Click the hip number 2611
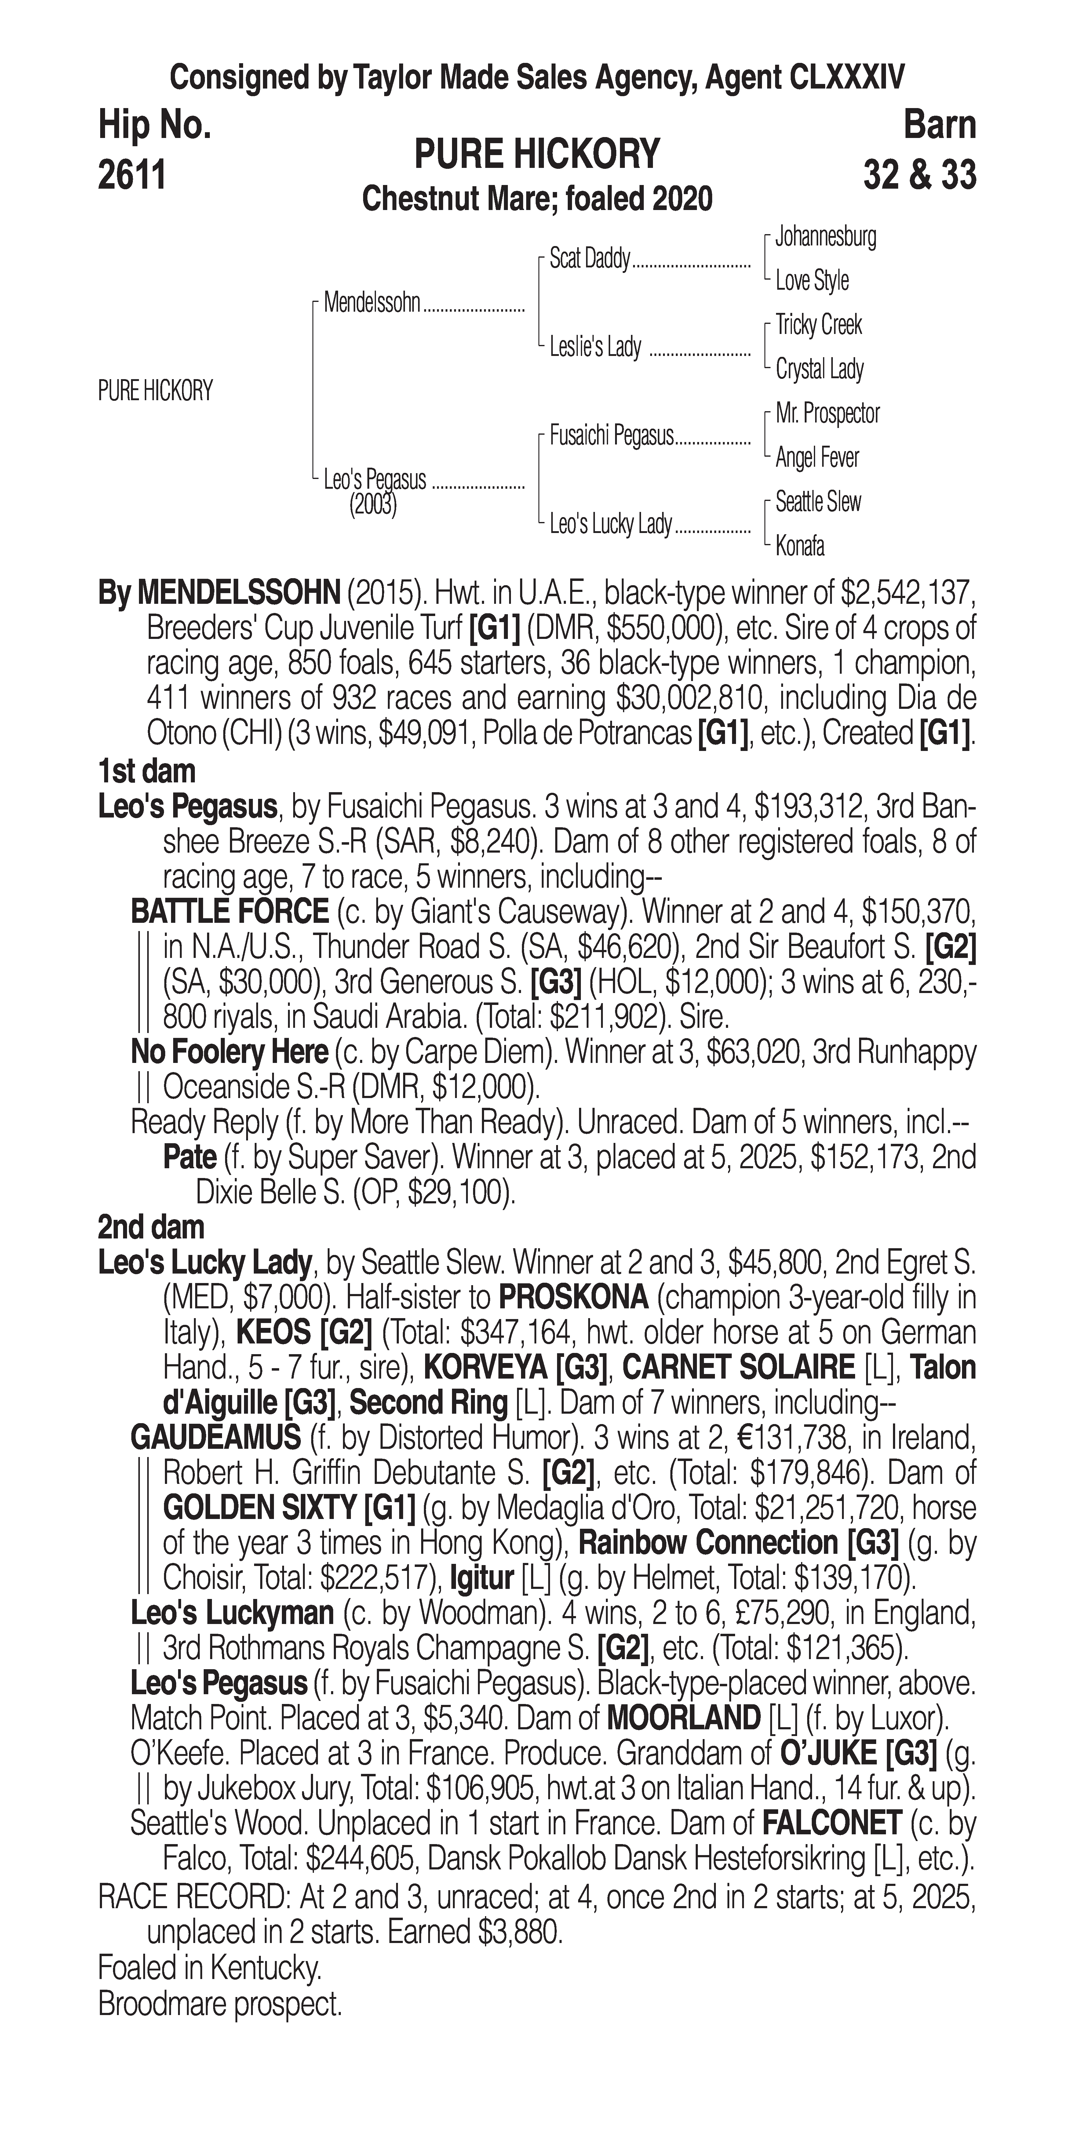132,176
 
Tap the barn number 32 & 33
919,176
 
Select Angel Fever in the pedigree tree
817,457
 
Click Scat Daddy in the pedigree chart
589,259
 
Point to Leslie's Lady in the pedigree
595,346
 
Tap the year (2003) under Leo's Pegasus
373,506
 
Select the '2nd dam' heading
151,1227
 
